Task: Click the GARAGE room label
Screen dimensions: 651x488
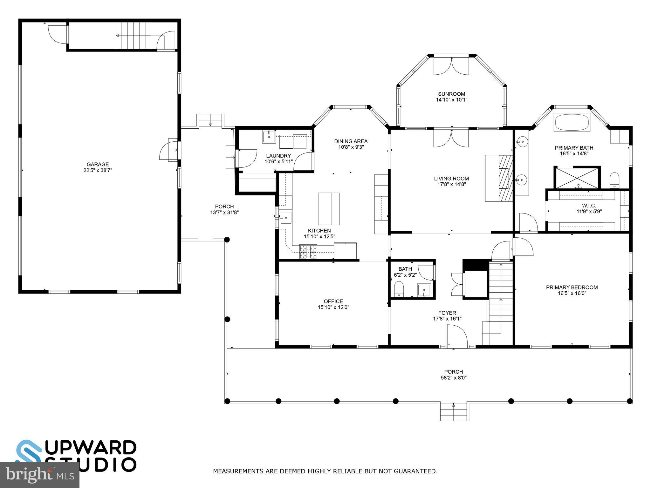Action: point(98,164)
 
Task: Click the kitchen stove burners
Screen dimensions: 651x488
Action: point(308,251)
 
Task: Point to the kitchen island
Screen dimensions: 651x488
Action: point(329,209)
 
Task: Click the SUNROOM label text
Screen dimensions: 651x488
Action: point(451,94)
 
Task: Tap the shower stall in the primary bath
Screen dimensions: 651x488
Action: point(577,178)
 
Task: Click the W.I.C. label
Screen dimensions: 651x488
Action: point(589,206)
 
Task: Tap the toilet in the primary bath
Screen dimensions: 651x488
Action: point(615,180)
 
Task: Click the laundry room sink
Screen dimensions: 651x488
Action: point(269,137)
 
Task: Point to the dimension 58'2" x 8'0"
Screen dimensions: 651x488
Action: point(453,378)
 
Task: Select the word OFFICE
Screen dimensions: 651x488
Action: point(333,301)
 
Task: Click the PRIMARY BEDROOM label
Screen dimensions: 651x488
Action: point(572,288)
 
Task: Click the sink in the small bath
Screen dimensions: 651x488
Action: point(424,290)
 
